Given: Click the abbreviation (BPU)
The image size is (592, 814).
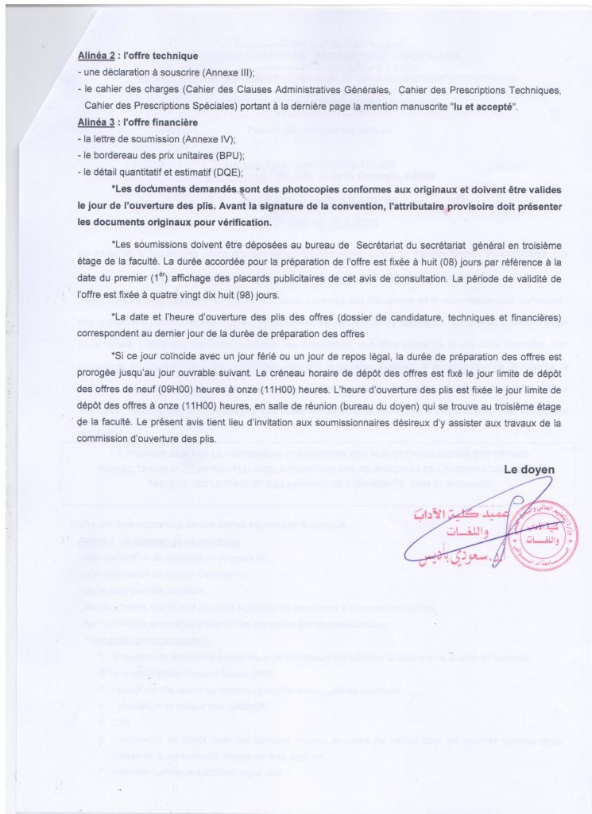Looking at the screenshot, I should (226, 156).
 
